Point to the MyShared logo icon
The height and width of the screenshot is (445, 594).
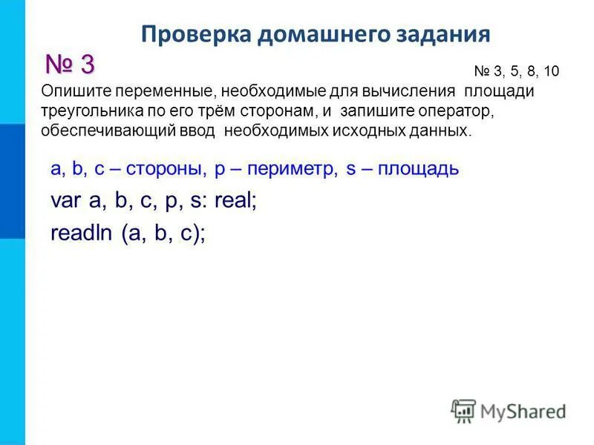coord(463,411)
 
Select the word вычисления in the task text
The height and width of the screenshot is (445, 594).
coord(408,91)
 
